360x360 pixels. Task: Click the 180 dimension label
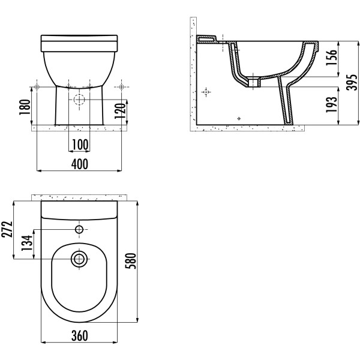tap(25, 107)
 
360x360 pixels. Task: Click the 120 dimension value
tap(121, 111)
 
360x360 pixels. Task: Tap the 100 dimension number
tap(80, 145)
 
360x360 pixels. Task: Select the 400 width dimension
tap(79, 164)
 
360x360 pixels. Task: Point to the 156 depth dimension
tap(332, 58)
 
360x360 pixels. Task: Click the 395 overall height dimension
tap(352, 82)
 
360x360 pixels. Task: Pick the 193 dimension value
tap(332, 104)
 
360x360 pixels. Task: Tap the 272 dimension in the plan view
tap(7, 229)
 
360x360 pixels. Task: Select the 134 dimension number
tap(27, 243)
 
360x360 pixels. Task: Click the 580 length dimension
tap(131, 261)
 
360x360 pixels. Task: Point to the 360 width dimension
tap(79, 335)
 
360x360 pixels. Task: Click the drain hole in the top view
tap(79, 259)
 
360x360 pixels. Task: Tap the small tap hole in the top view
tap(79, 229)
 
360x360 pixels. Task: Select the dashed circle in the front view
tap(79, 100)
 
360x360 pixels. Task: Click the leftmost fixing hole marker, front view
tap(37, 87)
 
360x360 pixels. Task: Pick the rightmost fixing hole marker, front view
tap(122, 87)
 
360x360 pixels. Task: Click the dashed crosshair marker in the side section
tap(206, 92)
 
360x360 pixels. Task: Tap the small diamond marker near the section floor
tap(239, 118)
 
